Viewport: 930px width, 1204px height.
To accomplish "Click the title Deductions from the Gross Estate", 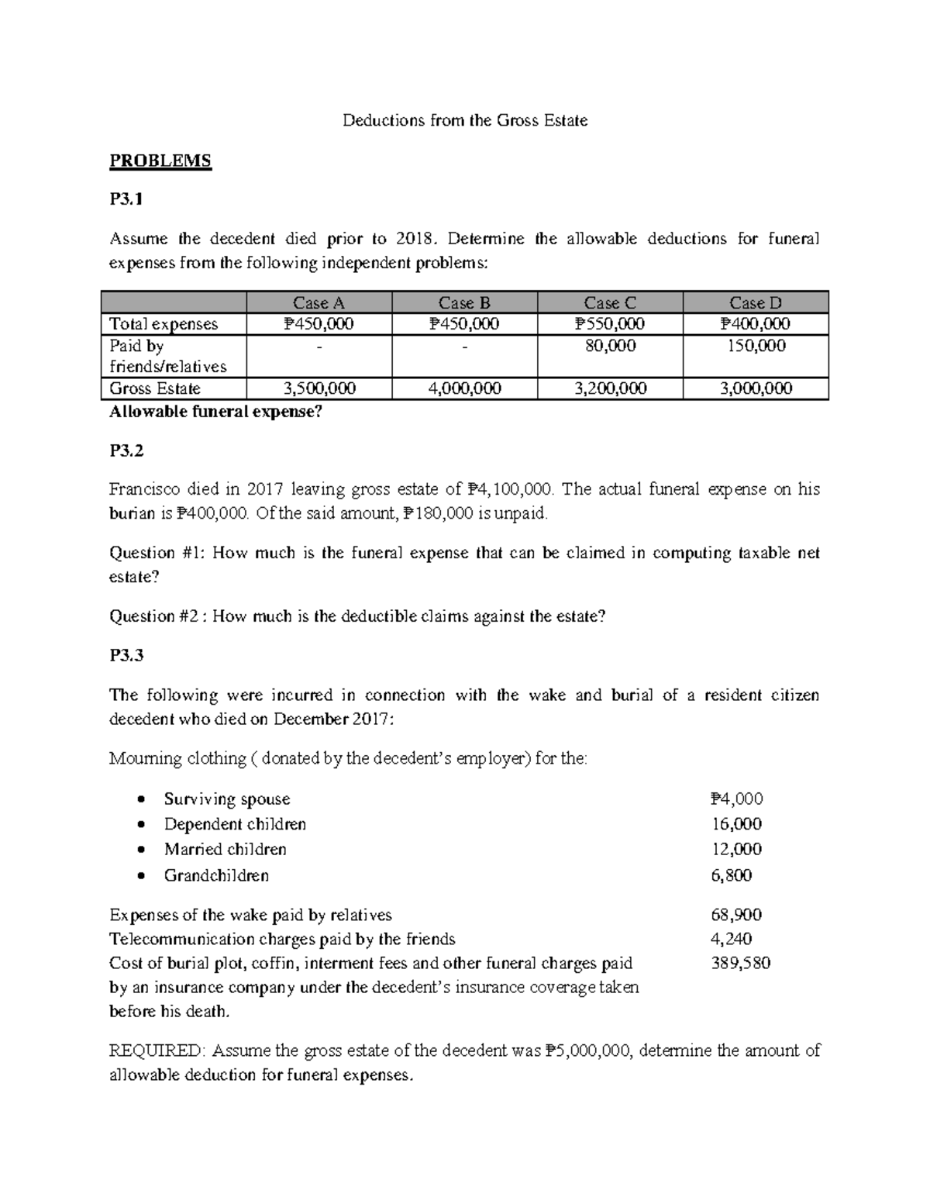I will pos(465,121).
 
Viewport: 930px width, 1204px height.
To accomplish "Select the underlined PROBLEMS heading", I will pos(160,161).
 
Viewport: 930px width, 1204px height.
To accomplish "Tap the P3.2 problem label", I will pos(126,450).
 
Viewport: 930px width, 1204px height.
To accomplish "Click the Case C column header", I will pos(610,303).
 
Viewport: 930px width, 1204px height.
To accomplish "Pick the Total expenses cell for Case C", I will pos(610,324).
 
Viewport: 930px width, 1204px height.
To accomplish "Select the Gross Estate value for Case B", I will pos(464,388).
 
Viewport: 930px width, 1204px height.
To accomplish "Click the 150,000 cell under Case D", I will pos(756,346).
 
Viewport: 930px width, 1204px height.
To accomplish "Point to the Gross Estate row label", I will pos(155,388).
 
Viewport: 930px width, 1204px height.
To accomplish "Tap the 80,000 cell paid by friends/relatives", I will pos(610,346).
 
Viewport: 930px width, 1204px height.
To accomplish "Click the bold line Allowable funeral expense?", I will pos(215,412).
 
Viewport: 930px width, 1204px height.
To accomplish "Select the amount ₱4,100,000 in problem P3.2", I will pos(511,489).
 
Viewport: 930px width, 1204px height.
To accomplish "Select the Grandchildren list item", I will pos(216,875).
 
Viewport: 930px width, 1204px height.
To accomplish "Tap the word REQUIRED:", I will pos(157,1051).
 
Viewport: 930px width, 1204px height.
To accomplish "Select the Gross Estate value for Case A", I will pos(319,388).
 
